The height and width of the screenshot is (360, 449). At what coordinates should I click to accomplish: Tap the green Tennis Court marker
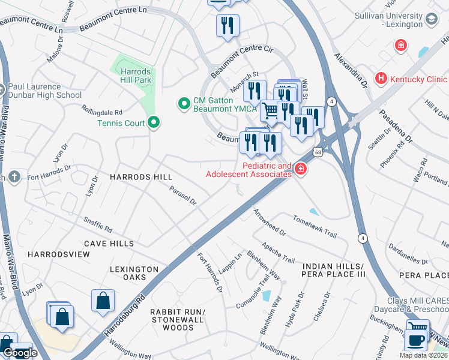154,123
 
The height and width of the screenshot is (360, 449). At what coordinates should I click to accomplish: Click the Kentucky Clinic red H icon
381,79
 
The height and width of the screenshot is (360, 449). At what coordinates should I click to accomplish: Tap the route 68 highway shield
317,153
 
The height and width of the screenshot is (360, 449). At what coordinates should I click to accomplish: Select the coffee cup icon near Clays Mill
415,340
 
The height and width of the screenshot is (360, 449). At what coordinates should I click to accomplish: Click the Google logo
20,352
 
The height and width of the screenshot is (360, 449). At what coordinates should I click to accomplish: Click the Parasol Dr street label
183,197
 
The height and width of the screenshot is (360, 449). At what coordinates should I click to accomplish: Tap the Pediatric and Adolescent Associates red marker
300,170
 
